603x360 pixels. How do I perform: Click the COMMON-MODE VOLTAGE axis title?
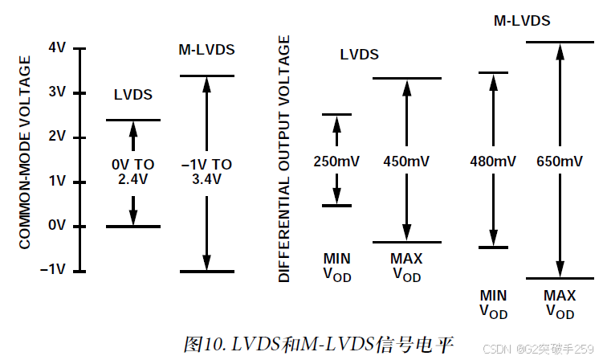click(26, 152)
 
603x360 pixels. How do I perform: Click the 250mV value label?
click(337, 161)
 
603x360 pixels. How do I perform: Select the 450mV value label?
click(406, 161)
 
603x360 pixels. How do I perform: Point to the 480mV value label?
click(493, 162)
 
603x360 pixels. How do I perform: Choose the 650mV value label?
click(559, 162)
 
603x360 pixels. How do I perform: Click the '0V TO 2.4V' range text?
click(133, 172)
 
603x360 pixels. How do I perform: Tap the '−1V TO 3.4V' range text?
click(206, 172)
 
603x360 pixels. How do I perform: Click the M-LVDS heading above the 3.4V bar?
click(206, 50)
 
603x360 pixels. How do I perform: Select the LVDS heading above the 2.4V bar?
click(133, 95)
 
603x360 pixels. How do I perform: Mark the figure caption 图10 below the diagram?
click(319, 345)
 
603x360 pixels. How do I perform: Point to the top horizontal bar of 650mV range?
click(560, 42)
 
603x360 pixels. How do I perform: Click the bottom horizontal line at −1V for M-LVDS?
click(206, 272)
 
